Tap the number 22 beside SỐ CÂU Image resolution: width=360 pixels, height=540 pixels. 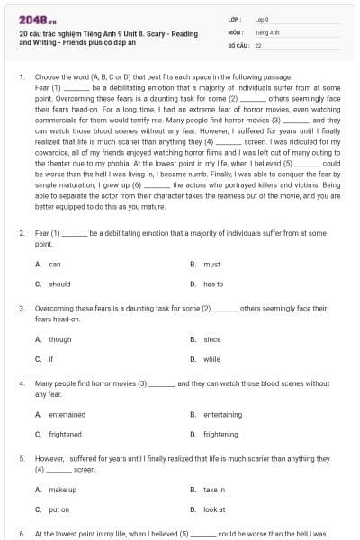click(x=258, y=44)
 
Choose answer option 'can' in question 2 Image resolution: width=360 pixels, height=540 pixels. click(x=55, y=265)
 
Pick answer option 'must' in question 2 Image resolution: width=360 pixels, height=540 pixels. click(x=211, y=265)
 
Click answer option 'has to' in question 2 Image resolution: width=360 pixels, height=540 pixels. click(x=213, y=283)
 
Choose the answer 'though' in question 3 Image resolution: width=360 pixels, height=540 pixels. click(x=60, y=339)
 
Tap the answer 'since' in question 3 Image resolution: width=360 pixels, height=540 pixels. click(x=212, y=339)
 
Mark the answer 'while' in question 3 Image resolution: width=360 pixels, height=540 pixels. click(x=211, y=358)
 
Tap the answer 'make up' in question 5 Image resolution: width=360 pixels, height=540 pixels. click(x=62, y=490)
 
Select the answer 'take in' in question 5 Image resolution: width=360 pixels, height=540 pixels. click(x=214, y=490)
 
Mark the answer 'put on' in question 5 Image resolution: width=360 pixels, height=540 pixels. click(x=58, y=508)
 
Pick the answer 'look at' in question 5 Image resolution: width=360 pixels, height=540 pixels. click(x=214, y=508)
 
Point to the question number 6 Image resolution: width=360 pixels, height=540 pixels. click(x=22, y=534)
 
